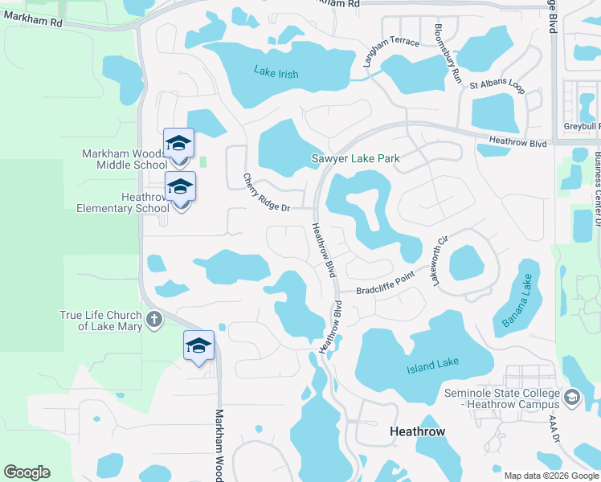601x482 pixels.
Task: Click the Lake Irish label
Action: click(276, 74)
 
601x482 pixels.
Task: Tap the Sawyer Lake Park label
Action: click(355, 158)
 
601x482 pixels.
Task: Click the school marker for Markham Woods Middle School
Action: click(178, 144)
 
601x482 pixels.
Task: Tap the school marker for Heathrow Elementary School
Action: click(180, 187)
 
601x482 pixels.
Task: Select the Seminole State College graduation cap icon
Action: click(571, 398)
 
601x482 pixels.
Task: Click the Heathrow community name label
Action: click(417, 431)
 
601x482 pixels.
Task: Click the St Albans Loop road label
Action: click(497, 84)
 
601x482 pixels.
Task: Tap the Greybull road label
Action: click(582, 126)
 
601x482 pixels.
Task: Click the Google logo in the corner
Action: click(27, 472)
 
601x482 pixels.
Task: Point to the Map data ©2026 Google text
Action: click(551, 476)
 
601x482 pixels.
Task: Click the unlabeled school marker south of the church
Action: click(198, 346)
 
